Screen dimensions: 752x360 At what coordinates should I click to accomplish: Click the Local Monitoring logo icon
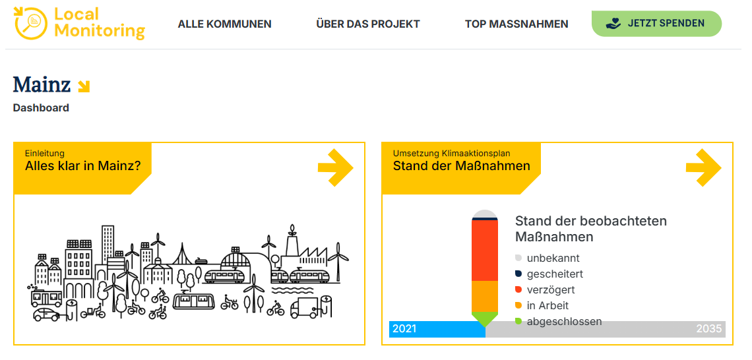point(31,23)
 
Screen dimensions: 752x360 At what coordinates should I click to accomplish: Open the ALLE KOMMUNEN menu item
point(224,24)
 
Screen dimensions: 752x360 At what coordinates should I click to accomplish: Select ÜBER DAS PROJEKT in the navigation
point(368,24)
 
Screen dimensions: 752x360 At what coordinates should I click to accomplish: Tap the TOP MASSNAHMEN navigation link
point(517,24)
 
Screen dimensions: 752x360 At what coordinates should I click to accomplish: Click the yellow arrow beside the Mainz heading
point(84,86)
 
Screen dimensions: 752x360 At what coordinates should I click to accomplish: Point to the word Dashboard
point(41,108)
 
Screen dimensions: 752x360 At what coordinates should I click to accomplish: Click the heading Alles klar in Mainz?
point(82,166)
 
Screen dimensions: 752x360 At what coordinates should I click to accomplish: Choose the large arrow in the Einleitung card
point(336,167)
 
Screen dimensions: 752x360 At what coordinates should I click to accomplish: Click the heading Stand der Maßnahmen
point(461,166)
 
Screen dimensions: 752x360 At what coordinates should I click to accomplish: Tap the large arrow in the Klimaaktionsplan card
point(704,167)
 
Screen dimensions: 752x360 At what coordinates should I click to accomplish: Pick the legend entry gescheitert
point(549,274)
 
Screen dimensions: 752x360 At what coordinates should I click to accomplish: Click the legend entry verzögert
point(545,290)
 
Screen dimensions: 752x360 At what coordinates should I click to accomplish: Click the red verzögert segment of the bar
point(485,251)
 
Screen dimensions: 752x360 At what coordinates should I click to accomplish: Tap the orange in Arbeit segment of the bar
point(485,296)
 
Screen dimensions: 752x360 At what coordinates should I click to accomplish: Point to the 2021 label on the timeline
point(404,329)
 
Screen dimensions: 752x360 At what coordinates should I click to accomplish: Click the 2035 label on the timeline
point(709,329)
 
